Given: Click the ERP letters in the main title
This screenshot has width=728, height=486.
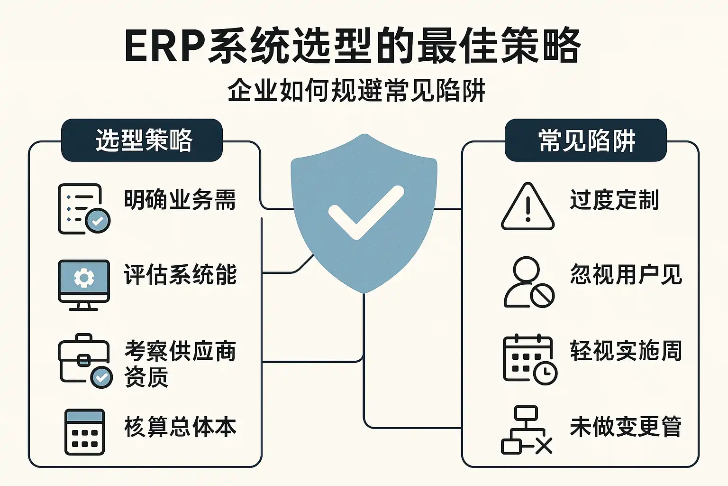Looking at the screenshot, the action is coord(166,46).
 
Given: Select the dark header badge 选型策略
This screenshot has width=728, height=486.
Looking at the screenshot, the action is coord(142,140).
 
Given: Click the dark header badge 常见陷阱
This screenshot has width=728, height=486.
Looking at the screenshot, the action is coord(586,140).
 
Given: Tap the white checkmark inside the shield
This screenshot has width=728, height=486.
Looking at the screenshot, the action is coord(366,213).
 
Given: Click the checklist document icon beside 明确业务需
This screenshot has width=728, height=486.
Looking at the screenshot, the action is coord(84,209).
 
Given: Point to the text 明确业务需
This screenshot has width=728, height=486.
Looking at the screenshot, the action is coord(180,199).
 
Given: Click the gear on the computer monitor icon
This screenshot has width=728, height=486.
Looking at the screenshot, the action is coord(84,278).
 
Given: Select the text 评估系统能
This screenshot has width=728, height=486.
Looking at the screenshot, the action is coord(181,274).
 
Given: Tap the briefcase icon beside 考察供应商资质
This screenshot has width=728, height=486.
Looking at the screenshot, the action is coord(85,361).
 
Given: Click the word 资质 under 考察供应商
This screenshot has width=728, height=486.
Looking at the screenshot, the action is coord(146,377).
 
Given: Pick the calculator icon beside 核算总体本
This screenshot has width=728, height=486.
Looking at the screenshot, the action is coord(84,432).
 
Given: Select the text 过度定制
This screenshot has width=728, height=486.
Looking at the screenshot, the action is coord(614,199).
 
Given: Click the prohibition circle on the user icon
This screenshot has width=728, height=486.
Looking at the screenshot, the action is coord(542,296).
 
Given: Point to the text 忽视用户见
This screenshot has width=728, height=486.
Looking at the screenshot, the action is coord(626,274).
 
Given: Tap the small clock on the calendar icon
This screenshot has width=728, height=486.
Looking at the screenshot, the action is coord(546,373).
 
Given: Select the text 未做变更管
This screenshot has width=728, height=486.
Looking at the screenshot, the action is coord(626,426).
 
